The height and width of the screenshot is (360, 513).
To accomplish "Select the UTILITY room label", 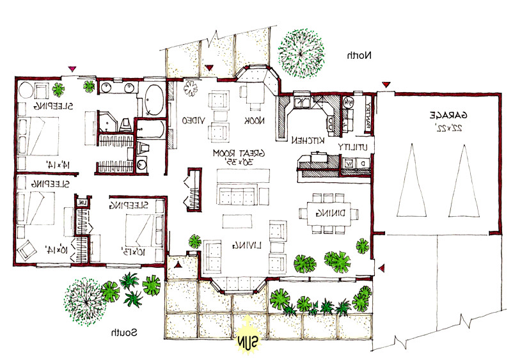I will pos(353,146).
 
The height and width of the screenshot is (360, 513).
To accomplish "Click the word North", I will pos(359,56).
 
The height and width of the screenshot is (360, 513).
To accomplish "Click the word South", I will pos(122,333).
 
